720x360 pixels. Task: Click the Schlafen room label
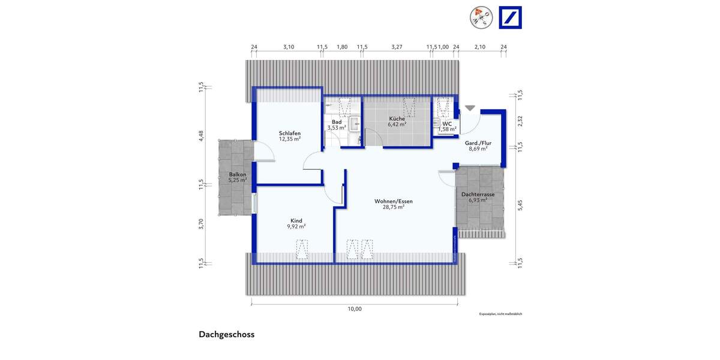(x=289, y=133)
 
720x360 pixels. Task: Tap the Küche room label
(x=397, y=119)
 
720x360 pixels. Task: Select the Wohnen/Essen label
(x=394, y=201)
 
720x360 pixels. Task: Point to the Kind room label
(x=296, y=220)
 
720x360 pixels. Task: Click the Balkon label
(x=237, y=175)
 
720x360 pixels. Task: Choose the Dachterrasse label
(x=478, y=195)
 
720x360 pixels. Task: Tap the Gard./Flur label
(x=478, y=143)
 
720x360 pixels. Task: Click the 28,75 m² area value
(x=394, y=207)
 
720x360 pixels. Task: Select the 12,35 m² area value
(x=289, y=139)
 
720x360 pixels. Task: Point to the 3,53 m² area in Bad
(x=336, y=127)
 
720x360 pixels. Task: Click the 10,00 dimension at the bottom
(x=355, y=309)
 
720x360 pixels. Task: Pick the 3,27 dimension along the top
(x=397, y=46)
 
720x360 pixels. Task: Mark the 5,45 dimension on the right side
(x=520, y=205)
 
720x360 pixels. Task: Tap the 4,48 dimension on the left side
(x=202, y=136)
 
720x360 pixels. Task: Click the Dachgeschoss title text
(x=227, y=335)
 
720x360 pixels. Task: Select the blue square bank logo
(x=510, y=17)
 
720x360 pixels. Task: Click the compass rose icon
(x=481, y=17)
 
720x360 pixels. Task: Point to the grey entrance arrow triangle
(x=470, y=108)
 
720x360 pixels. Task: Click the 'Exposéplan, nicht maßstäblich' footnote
(x=500, y=314)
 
